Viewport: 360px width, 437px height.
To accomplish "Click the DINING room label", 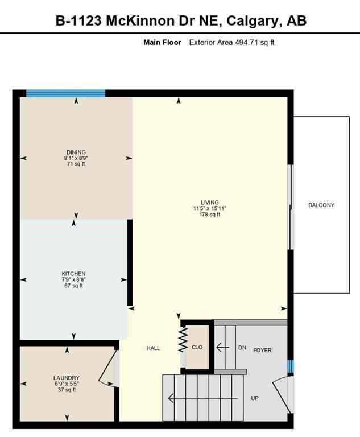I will coord(76,152).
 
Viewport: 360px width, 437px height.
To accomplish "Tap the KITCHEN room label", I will coord(74,274).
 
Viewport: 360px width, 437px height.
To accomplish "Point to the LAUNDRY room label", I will coord(66,378).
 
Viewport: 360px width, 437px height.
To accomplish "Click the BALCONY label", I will coord(321,205).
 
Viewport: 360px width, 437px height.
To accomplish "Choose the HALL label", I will coord(153,348).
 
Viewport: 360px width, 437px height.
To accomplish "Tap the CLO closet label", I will coord(197,347).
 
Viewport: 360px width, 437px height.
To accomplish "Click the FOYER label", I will coord(262,350).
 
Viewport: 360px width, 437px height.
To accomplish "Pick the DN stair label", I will coord(242,347).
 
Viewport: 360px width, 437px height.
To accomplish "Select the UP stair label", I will coord(255,398).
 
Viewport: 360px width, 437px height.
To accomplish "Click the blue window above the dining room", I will coord(65,93).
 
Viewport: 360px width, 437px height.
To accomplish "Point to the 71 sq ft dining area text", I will coord(76,164).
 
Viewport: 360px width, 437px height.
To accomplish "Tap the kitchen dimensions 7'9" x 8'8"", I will coord(74,280).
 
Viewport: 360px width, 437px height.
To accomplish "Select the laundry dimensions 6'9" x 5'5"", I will coord(66,384).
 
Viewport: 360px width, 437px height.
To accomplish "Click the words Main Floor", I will coord(162,43).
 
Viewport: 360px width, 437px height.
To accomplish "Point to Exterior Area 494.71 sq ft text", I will coord(231,43).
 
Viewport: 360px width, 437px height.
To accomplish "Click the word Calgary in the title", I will coord(251,22).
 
